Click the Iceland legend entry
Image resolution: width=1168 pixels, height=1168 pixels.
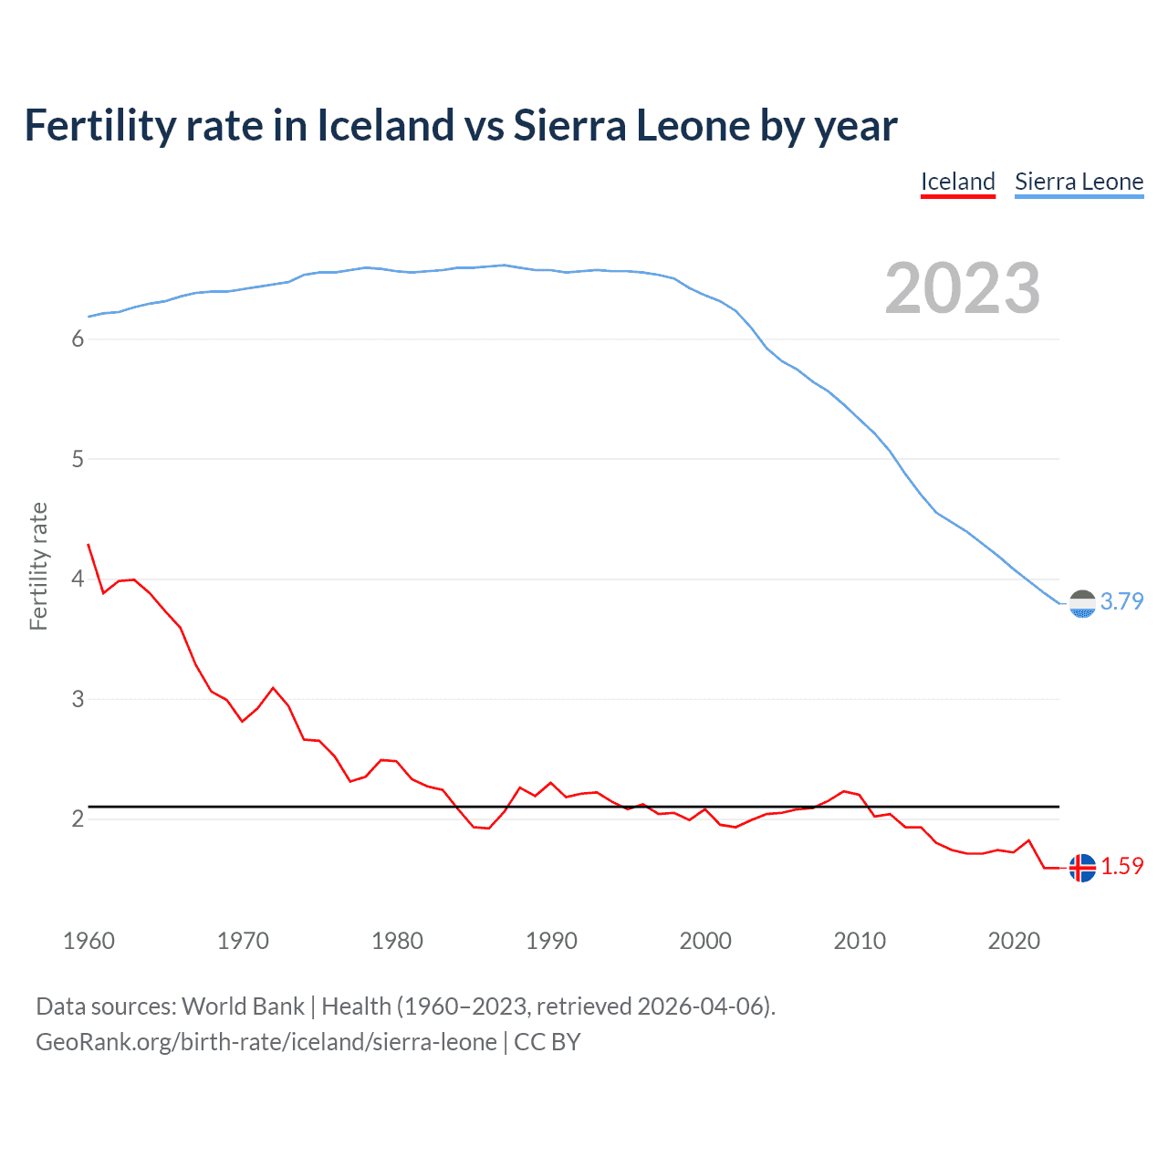click(957, 182)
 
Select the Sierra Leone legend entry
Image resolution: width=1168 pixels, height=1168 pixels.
click(1079, 182)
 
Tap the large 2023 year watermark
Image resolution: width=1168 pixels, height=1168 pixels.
click(962, 288)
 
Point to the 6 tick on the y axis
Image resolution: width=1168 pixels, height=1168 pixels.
click(78, 339)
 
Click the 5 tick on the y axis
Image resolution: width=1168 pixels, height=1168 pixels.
click(78, 459)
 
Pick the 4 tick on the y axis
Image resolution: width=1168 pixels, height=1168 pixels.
click(78, 579)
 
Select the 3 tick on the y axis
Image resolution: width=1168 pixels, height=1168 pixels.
click(78, 699)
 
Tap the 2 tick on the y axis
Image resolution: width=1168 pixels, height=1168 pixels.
click(78, 819)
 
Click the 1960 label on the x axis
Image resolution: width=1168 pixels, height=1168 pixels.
click(89, 941)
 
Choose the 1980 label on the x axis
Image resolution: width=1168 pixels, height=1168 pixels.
click(397, 941)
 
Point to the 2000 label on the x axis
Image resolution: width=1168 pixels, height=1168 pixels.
click(705, 941)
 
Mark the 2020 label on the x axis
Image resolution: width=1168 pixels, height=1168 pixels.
click(1014, 941)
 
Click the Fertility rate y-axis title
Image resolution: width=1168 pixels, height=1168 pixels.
click(38, 566)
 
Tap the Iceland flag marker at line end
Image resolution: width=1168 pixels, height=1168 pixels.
click(1082, 868)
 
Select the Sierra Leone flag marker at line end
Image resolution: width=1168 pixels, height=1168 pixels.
click(1082, 604)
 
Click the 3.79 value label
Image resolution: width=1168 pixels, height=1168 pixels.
click(1121, 601)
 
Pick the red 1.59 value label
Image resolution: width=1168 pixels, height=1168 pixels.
click(1121, 866)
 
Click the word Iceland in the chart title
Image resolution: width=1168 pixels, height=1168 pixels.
click(385, 126)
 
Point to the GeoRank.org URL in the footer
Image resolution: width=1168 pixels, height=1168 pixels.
click(266, 1042)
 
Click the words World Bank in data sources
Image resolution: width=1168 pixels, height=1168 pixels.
click(243, 1006)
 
